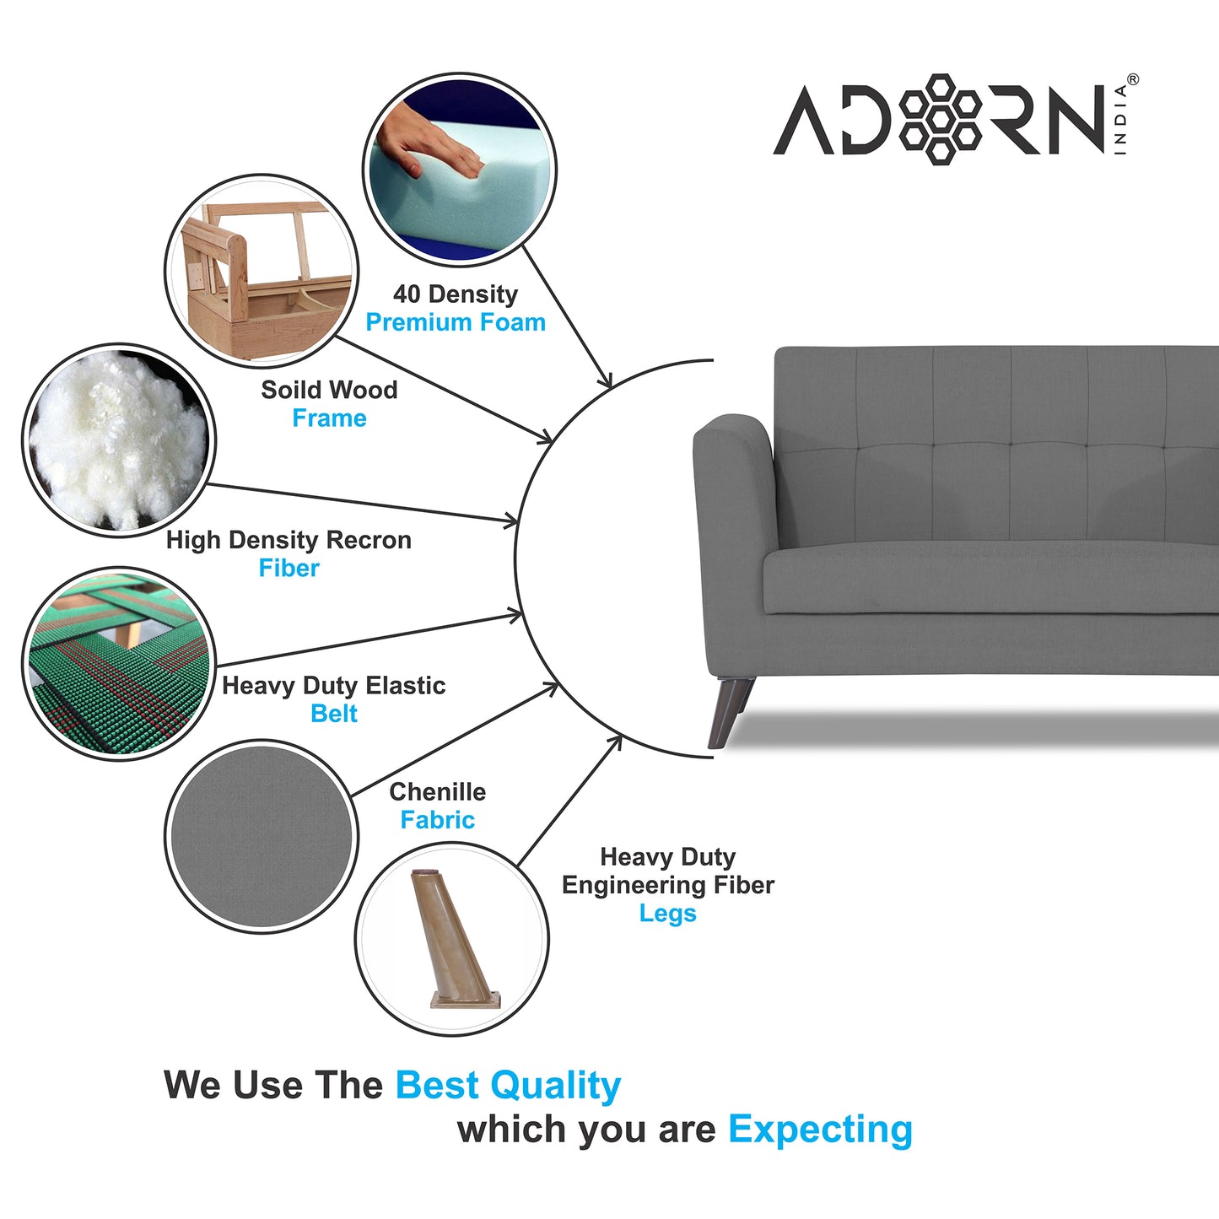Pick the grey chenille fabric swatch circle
pos(262,836)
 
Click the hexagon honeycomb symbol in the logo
pos(940,119)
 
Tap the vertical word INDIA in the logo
pos(1120,119)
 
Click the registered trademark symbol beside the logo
pos(1132,79)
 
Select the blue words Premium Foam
pos(456,322)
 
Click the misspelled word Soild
pos(288,390)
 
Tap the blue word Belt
pos(334,714)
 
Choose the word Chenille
pos(437,791)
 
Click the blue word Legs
pos(667,914)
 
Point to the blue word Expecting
pos(820,1129)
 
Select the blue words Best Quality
pos(508,1085)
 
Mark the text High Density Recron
pos(289,540)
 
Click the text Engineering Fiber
pos(667,885)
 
